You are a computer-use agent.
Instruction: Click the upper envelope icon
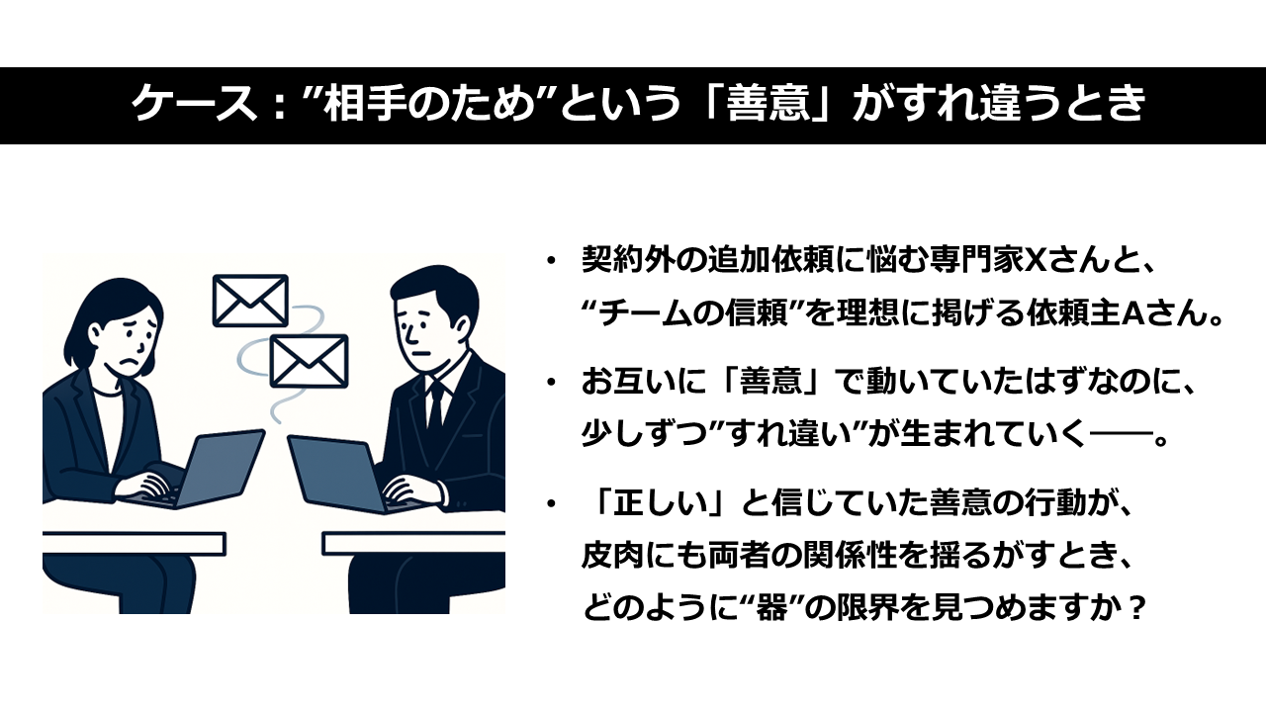[x=250, y=301]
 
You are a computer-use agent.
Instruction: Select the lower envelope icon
[x=309, y=361]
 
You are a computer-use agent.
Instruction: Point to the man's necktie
[x=435, y=405]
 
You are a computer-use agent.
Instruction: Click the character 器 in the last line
[x=770, y=608]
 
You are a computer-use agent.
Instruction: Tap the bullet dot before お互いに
[x=551, y=383]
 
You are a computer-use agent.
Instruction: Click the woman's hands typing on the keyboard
[x=145, y=488]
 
